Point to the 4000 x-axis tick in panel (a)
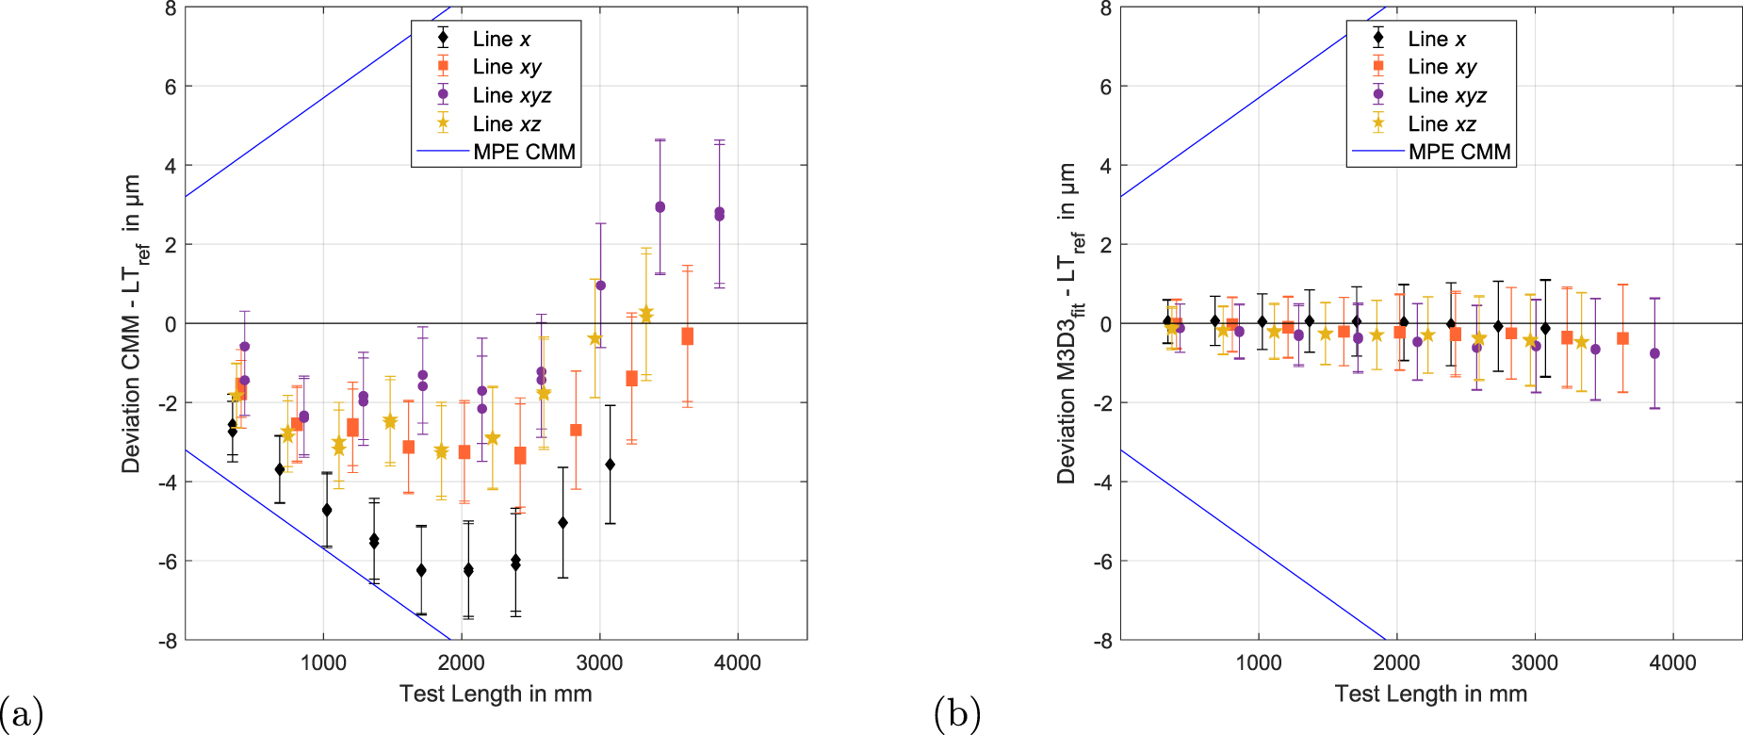pos(737,662)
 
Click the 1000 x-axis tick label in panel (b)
pos(1259,662)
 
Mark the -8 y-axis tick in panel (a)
pos(170,641)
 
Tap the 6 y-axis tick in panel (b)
pos(1106,87)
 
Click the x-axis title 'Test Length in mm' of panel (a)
pos(496,694)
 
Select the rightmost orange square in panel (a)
pos(688,336)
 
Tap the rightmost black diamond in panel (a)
pos(610,465)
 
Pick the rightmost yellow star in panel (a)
pos(646,314)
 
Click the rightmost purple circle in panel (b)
pos(1654,353)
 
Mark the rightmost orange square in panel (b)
pos(1622,338)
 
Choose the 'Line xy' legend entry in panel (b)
pos(1442,67)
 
